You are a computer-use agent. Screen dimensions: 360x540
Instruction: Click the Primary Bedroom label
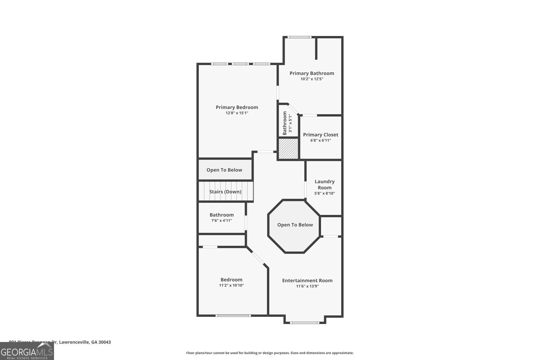(x=237, y=107)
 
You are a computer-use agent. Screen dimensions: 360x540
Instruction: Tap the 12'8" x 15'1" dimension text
(x=237, y=113)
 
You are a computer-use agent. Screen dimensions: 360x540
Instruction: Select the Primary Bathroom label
(x=312, y=73)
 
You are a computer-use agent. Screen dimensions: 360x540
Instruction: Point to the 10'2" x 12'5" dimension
(x=312, y=79)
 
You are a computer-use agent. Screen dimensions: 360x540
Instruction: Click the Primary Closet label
(x=320, y=135)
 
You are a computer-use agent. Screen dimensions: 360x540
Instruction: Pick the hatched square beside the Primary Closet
(x=289, y=149)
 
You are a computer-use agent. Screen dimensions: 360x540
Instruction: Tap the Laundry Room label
(x=324, y=184)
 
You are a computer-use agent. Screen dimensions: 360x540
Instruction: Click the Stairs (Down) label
(x=225, y=192)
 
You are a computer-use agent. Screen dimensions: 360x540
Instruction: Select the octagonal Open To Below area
(x=295, y=225)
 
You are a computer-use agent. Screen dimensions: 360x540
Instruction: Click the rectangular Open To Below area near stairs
(x=224, y=170)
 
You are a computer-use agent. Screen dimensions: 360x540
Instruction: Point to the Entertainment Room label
(x=307, y=280)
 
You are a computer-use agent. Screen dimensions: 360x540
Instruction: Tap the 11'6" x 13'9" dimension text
(x=307, y=286)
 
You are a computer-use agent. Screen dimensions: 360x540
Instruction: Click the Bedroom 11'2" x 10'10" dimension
(x=231, y=285)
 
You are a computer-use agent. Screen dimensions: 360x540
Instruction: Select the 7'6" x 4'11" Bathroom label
(x=221, y=215)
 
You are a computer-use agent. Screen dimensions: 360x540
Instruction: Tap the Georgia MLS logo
(x=27, y=351)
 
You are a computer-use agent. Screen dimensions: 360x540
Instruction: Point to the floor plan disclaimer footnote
(x=270, y=353)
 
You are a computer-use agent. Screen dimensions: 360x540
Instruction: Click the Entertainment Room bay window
(x=305, y=323)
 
